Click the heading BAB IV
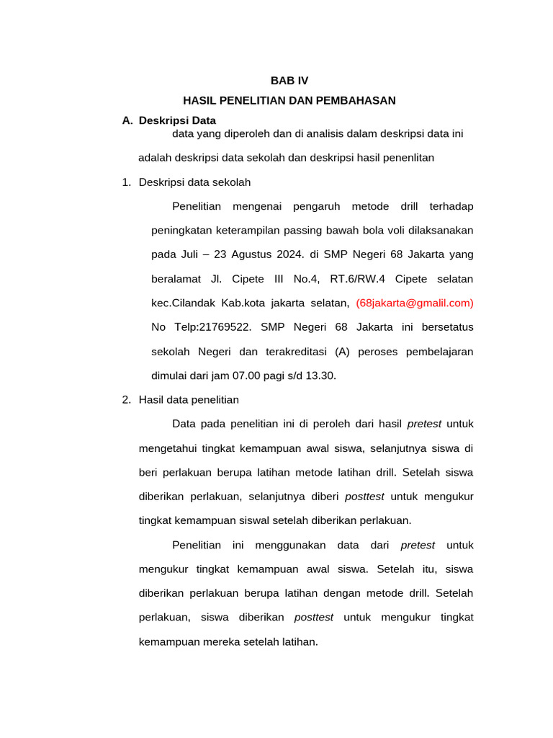pyautogui.click(x=289, y=81)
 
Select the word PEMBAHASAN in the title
pyautogui.click(x=359, y=100)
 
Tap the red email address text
pyautogui.click(x=415, y=303)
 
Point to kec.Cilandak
pyautogui.click(x=184, y=303)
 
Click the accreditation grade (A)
pyautogui.click(x=344, y=352)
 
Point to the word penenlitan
pyautogui.click(x=406, y=158)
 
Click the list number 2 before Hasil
pyautogui.click(x=127, y=399)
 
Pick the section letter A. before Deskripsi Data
pyautogui.click(x=127, y=120)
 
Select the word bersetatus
pyautogui.click(x=445, y=327)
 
